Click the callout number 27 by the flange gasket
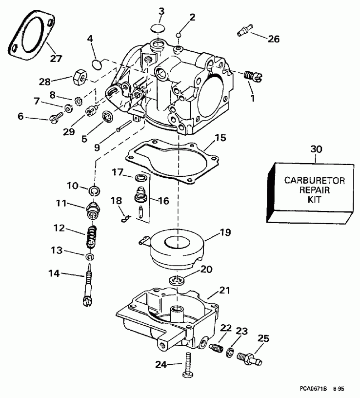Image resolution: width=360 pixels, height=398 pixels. [x=56, y=59]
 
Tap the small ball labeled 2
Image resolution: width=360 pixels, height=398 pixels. [x=179, y=35]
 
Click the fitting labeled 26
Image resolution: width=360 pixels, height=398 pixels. [x=245, y=29]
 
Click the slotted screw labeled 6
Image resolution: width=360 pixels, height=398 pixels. [x=56, y=117]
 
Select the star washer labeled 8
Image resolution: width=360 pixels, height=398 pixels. [x=79, y=102]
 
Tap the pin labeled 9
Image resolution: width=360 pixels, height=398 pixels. [x=124, y=126]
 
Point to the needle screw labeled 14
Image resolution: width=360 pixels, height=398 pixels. [x=88, y=285]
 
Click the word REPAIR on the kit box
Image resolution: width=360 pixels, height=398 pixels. [x=315, y=190]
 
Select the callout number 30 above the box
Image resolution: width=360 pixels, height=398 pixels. [x=316, y=149]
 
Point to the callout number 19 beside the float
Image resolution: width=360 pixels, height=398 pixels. [x=225, y=232]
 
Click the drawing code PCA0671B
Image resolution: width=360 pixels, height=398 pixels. [x=313, y=389]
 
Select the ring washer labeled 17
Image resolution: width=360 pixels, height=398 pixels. [x=141, y=178]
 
